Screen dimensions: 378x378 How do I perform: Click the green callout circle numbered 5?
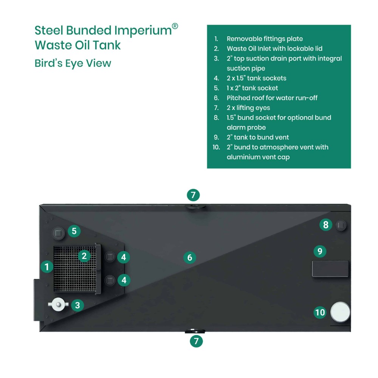click(x=74, y=231)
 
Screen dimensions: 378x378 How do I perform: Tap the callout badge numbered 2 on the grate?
click(x=84, y=256)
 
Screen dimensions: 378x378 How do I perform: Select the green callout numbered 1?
click(x=47, y=267)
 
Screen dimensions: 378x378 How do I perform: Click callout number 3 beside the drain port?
click(x=77, y=305)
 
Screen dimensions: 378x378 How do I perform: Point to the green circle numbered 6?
click(x=190, y=257)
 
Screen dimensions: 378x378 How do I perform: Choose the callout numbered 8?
click(x=326, y=225)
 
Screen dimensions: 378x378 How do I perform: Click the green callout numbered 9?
click(x=320, y=251)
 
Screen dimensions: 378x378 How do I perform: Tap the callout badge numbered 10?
click(x=320, y=313)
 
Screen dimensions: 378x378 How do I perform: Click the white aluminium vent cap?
click(x=340, y=312)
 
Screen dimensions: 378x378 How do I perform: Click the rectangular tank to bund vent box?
click(x=330, y=268)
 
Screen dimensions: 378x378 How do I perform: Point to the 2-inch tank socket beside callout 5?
click(x=58, y=233)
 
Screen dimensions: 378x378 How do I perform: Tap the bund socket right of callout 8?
click(x=341, y=225)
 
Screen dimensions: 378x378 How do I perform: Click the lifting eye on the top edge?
click(x=195, y=207)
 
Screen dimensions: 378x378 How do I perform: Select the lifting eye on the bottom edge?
click(x=195, y=331)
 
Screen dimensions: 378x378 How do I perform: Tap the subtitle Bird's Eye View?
click(x=73, y=63)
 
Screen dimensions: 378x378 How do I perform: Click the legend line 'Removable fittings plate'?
click(x=265, y=39)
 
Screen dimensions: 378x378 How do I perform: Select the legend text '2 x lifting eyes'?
click(x=248, y=108)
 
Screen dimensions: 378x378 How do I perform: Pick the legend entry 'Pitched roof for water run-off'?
click(x=272, y=98)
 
